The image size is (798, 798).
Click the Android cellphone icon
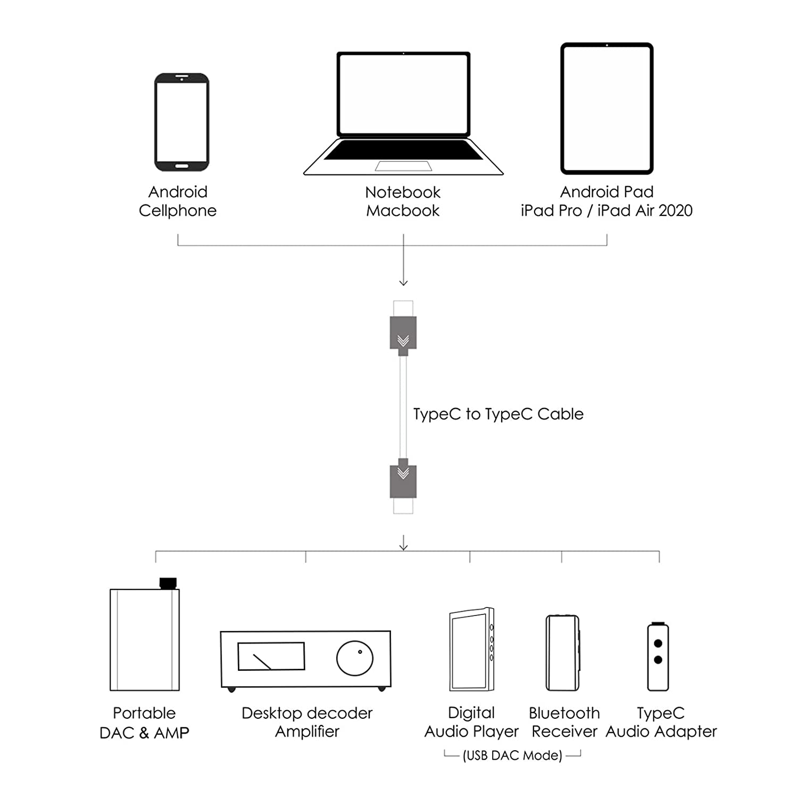click(182, 122)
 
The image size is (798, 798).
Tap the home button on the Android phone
click(182, 166)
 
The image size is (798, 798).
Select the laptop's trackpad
click(403, 166)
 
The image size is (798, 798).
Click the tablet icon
click(607, 109)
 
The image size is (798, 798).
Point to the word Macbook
click(403, 211)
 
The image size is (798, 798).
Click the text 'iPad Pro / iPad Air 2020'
click(606, 211)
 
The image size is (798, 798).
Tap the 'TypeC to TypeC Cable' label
click(498, 414)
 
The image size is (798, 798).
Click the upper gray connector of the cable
click(403, 335)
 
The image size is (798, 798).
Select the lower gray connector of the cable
click(403, 478)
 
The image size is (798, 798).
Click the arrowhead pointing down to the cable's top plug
click(403, 282)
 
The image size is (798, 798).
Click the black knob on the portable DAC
click(168, 583)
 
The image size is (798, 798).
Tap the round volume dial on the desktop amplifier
click(355, 658)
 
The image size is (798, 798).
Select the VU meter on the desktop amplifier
click(271, 656)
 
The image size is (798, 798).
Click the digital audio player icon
click(472, 649)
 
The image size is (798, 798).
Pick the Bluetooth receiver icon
click(562, 653)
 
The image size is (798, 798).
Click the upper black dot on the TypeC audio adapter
click(658, 643)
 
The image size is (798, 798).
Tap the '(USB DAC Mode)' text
click(512, 755)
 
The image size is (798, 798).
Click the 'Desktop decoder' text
click(307, 713)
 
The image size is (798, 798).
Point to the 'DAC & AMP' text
click(144, 733)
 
